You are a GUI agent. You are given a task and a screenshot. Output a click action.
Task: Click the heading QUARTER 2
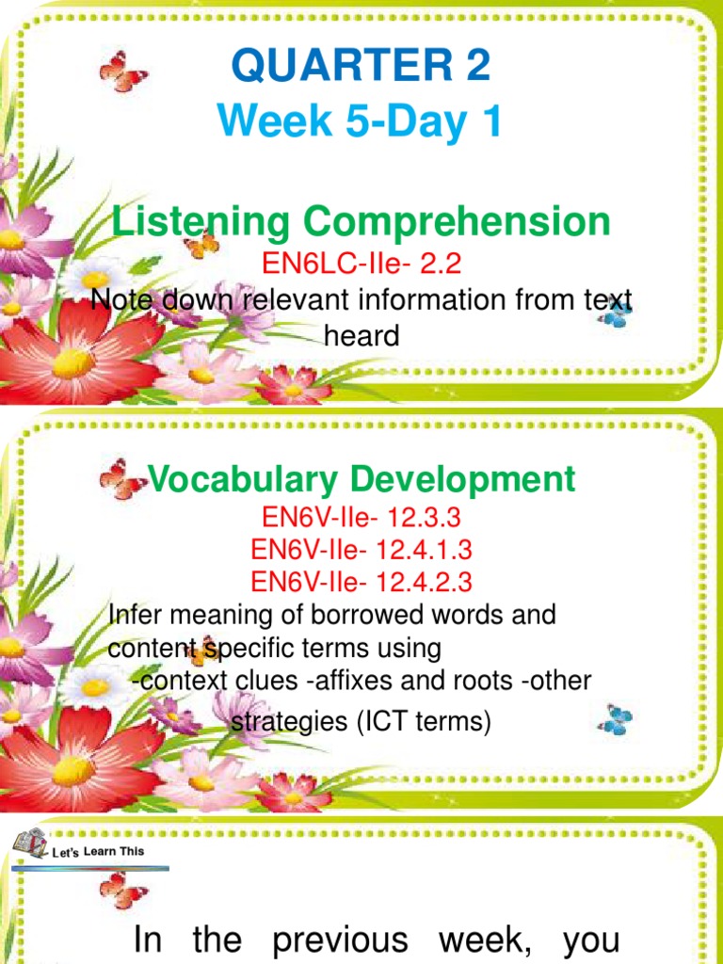(x=361, y=68)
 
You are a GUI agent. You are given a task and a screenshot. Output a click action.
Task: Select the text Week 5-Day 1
(x=361, y=124)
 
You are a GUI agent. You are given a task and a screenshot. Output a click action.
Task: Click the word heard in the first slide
(x=361, y=334)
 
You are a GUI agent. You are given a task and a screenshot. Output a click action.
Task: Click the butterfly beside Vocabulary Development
(x=122, y=479)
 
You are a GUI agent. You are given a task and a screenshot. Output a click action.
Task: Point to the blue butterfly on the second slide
(x=618, y=719)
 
